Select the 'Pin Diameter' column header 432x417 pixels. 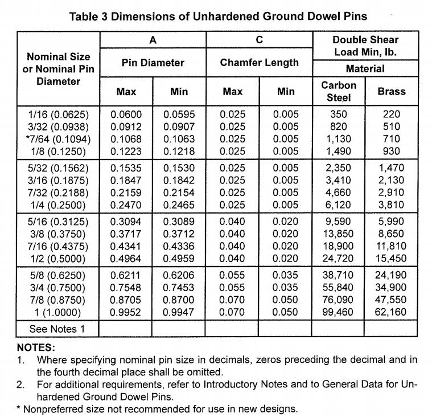click(153, 63)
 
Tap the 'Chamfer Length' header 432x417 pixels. click(259, 63)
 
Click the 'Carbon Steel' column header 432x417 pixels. click(339, 91)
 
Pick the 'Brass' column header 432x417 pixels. click(391, 91)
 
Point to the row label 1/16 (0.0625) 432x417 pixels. click(59, 114)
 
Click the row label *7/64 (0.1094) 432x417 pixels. click(59, 139)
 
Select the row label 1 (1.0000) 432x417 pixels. click(59, 312)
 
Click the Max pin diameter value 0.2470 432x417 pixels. click(126, 205)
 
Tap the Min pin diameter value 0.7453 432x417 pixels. click(179, 287)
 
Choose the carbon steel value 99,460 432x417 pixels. click(338, 312)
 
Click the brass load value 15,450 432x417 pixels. click(391, 258)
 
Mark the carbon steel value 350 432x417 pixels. click(338, 114)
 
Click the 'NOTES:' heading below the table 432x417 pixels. click(36, 347)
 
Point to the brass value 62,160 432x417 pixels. click(391, 312)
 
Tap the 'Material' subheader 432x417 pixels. click(365, 68)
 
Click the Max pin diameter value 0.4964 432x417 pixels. click(126, 258)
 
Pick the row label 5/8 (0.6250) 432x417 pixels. click(59, 274)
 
